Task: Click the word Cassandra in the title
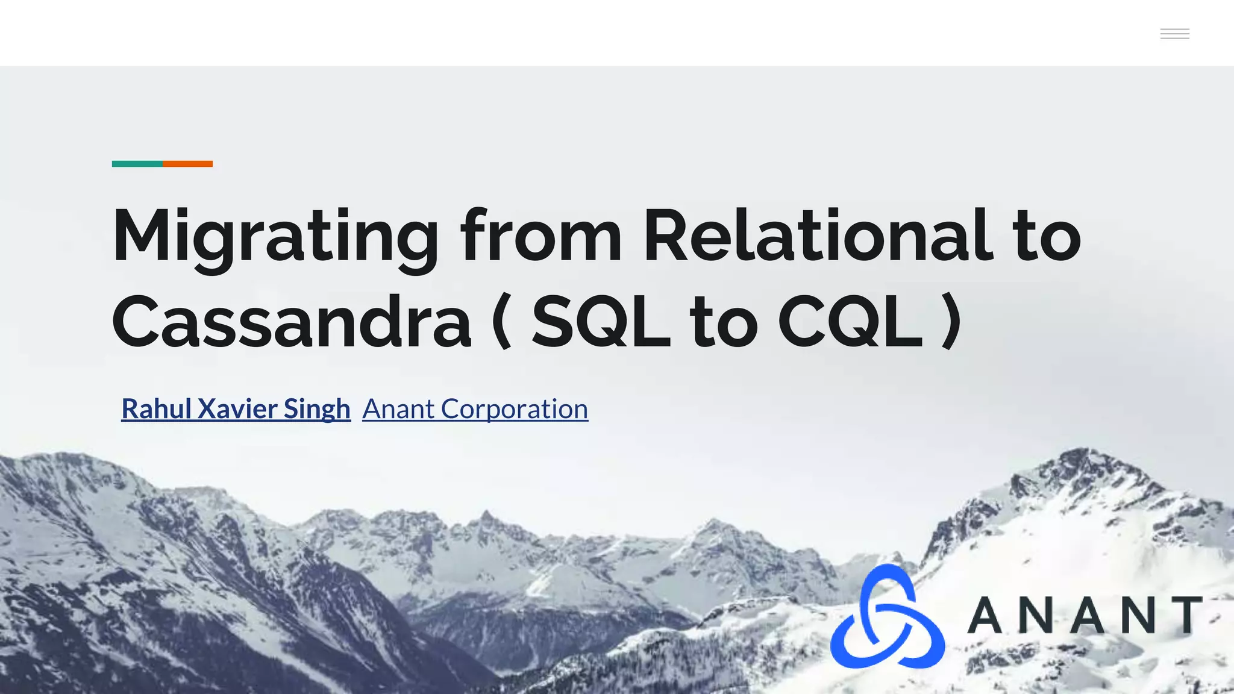[291, 322]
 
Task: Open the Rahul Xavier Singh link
[236, 409]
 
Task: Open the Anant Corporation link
[475, 409]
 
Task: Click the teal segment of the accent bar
[137, 164]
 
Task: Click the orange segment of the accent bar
[187, 164]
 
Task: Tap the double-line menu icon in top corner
[1174, 34]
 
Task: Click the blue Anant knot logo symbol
[887, 617]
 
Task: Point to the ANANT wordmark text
[1085, 615]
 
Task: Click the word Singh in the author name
[317, 409]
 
